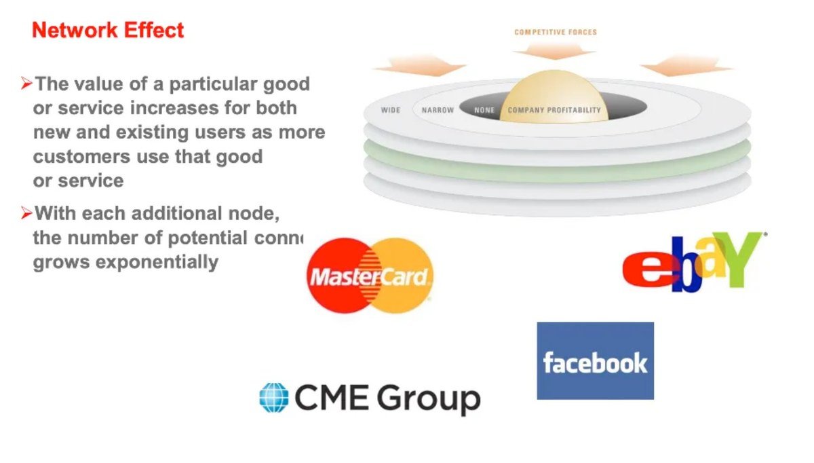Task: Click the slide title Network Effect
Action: (108, 31)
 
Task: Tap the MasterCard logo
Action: (370, 275)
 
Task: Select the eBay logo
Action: (692, 262)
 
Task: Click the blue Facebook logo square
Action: (595, 360)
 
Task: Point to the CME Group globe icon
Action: (273, 397)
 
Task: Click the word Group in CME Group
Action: (428, 399)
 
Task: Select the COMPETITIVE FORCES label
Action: (556, 32)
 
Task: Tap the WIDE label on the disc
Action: (391, 110)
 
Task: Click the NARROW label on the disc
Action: (438, 110)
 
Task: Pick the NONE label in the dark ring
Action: (484, 110)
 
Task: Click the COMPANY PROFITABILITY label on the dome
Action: (554, 110)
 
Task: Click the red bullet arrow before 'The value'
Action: (26, 84)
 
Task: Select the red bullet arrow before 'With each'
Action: (26, 213)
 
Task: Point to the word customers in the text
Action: (75, 157)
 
